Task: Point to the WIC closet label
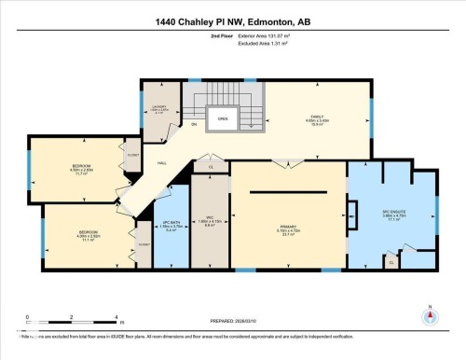[x=211, y=222]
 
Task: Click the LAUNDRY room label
[x=158, y=109]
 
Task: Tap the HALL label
[x=161, y=164]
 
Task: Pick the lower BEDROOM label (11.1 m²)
[x=89, y=234]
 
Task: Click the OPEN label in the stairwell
[x=223, y=119]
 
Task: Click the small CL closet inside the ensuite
[x=391, y=263]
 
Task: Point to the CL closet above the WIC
[x=211, y=167]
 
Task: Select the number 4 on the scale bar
[x=116, y=317]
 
